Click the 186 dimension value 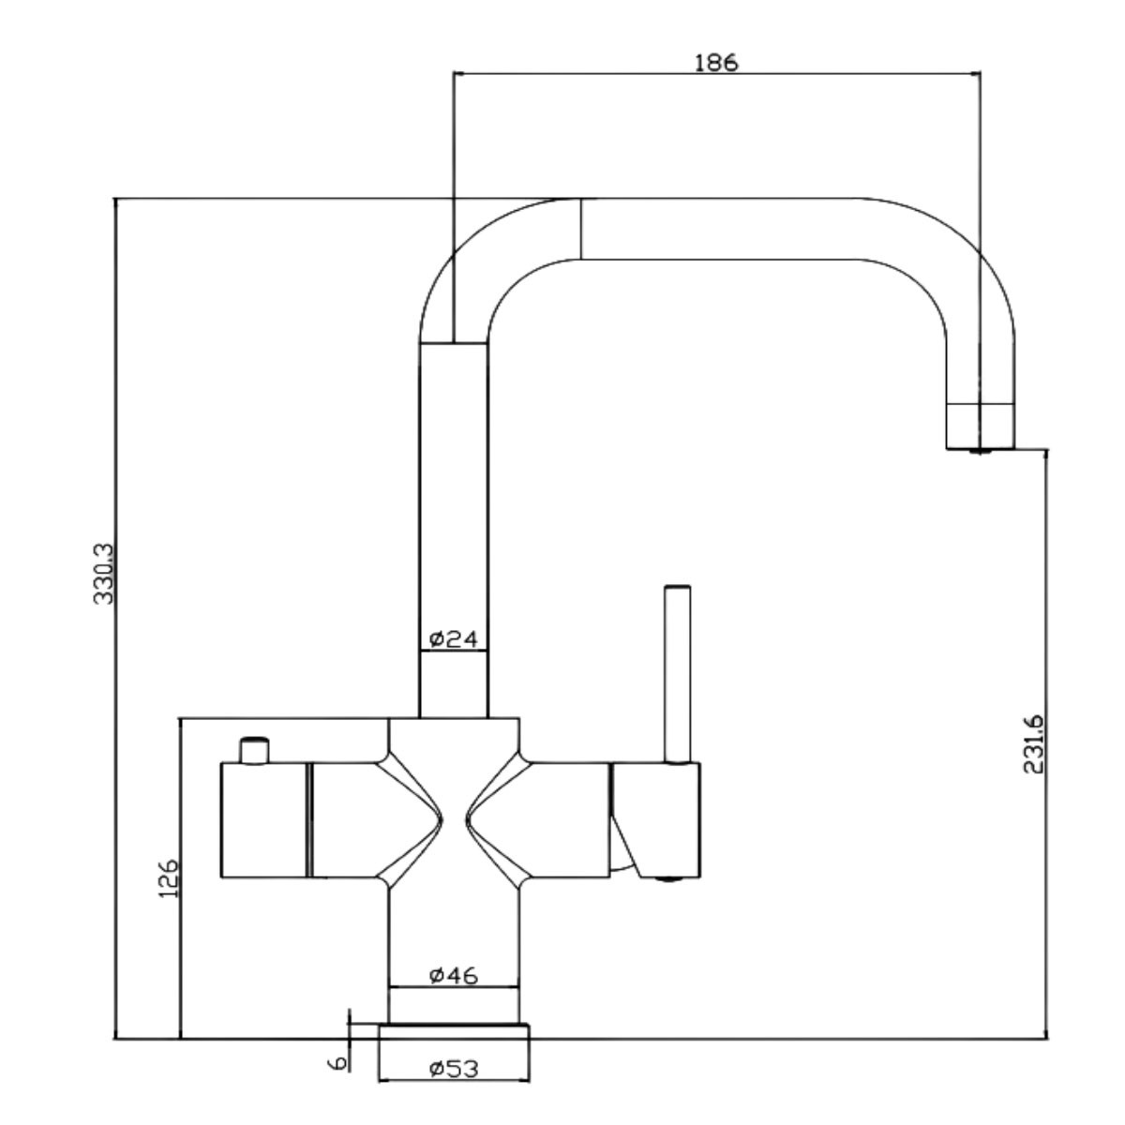(x=715, y=63)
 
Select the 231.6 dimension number (x=1033, y=744)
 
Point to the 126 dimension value (x=170, y=878)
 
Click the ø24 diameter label (x=454, y=640)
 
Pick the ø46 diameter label (x=454, y=975)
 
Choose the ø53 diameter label (x=454, y=1069)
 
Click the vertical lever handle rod (x=677, y=674)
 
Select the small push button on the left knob (x=255, y=750)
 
